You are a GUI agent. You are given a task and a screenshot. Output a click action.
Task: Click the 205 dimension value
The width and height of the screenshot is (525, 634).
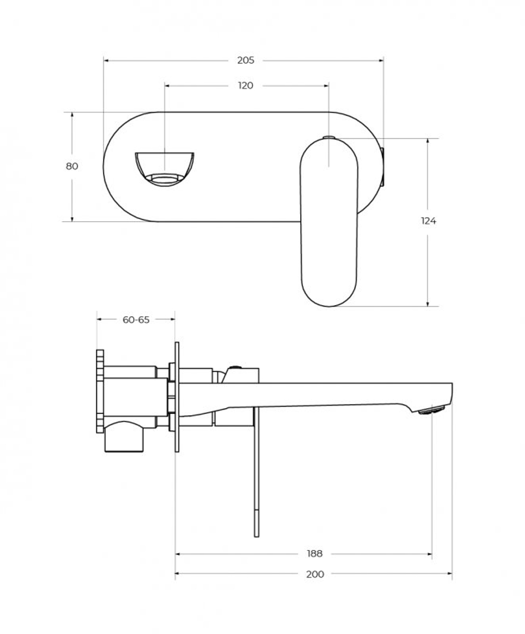245,60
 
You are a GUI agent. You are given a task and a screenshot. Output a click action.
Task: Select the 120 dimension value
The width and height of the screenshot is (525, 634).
245,86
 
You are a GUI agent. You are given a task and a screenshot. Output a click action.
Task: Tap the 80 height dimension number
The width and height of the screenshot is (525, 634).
72,166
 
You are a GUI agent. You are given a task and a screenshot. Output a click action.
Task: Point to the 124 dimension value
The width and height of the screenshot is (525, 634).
428,221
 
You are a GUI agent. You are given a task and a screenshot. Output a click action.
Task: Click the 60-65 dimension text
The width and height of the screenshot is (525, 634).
136,319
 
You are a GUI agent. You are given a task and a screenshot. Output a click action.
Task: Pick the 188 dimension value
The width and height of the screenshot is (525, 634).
314,554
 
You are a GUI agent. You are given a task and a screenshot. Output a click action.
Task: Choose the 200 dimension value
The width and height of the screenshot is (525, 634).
314,574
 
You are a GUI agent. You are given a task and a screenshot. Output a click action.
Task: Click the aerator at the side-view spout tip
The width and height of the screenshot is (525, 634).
432,410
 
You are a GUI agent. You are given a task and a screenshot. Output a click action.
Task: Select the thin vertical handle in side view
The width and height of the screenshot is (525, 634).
256,473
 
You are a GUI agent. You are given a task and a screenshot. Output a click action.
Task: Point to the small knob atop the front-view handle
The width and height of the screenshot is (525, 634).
329,137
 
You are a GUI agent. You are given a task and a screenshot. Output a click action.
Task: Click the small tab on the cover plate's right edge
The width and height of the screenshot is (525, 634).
383,167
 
